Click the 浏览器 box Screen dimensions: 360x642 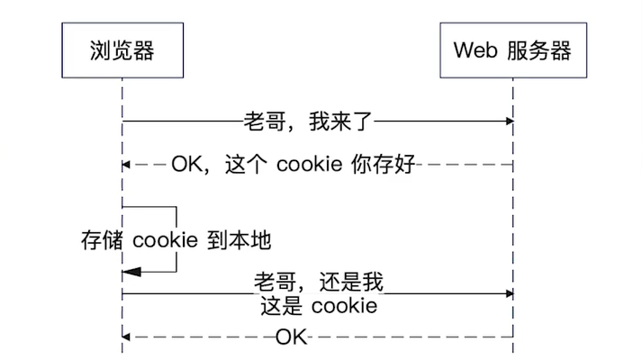[x=122, y=49]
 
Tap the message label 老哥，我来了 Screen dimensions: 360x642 [x=307, y=121]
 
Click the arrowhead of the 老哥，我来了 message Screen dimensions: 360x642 [x=509, y=121]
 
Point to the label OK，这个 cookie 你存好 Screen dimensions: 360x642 [x=293, y=165]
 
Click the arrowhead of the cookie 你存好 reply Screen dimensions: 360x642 [x=127, y=165]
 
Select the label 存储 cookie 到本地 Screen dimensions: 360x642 [x=176, y=240]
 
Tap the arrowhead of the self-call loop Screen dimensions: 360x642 [x=128, y=271]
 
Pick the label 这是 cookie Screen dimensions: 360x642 [x=318, y=306]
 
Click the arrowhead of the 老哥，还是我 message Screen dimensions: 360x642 [x=509, y=293]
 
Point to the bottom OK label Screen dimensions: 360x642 [x=291, y=337]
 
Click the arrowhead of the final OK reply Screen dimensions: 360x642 [x=127, y=337]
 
